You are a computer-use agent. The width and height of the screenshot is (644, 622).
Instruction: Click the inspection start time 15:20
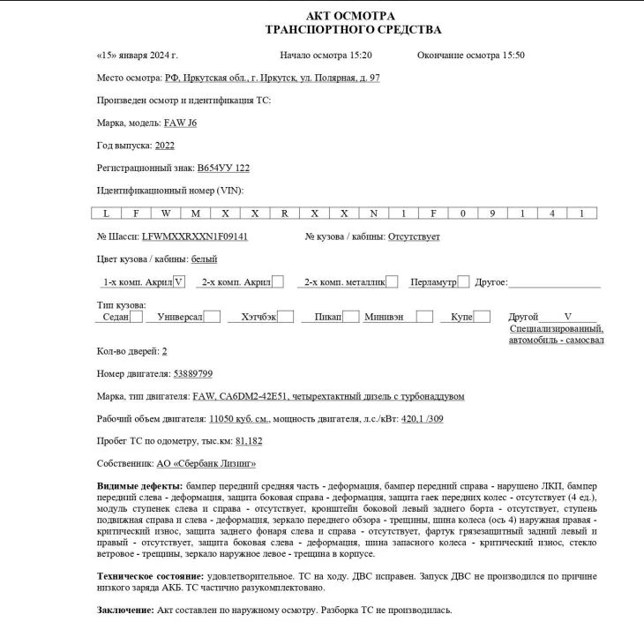(x=356, y=55)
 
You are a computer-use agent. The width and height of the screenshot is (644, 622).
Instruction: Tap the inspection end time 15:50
(x=510, y=55)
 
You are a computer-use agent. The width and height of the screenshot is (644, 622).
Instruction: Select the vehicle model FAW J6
(x=180, y=124)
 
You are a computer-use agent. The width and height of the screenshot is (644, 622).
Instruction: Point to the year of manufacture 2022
(x=164, y=146)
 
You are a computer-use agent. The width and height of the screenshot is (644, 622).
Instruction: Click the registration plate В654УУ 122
(x=224, y=168)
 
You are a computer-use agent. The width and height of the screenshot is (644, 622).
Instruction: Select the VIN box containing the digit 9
(x=491, y=214)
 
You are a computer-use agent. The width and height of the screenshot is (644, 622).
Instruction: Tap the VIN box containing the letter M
(x=196, y=214)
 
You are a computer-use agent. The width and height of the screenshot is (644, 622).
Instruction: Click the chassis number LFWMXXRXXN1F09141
(x=194, y=236)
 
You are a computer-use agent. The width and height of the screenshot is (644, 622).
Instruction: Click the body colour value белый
(x=204, y=259)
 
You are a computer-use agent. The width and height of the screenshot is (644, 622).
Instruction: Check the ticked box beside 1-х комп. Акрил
(x=179, y=282)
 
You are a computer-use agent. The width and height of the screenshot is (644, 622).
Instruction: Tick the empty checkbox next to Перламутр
(x=463, y=282)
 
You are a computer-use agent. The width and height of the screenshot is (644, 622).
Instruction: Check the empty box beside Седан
(x=136, y=317)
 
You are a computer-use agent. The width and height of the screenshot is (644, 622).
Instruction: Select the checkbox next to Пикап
(x=350, y=317)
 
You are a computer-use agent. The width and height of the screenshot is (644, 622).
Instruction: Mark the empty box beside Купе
(x=482, y=317)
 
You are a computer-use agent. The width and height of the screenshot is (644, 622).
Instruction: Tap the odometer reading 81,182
(x=249, y=440)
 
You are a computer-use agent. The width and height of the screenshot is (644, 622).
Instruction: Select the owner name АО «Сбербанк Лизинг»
(x=206, y=463)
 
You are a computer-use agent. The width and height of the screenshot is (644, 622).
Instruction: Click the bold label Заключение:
(x=124, y=610)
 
